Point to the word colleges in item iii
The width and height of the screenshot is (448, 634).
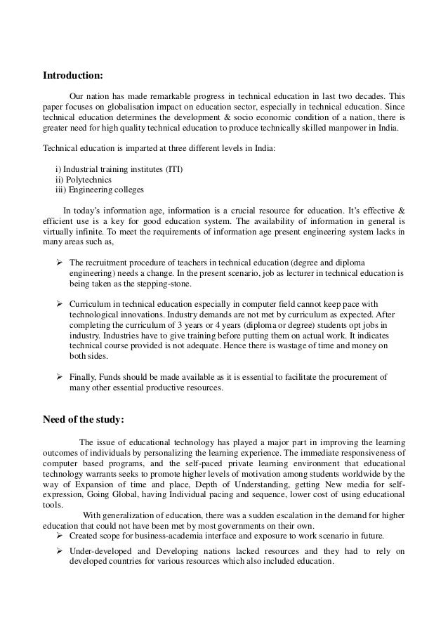pyautogui.click(x=126, y=190)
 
